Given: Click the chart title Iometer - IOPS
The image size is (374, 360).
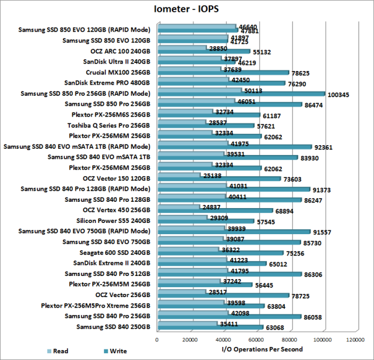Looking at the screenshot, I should [186, 9].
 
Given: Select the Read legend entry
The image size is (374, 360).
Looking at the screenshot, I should [60, 351].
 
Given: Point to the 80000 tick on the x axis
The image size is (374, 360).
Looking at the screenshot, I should [289, 339].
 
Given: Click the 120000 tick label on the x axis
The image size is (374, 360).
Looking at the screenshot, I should [355, 339].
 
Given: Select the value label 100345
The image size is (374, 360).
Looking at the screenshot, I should [340, 95].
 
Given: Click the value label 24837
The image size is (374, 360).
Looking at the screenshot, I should [223, 207].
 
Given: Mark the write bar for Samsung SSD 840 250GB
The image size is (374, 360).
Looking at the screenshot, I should [209, 328].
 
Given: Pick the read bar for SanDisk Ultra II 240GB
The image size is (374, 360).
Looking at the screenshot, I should [188, 59].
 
